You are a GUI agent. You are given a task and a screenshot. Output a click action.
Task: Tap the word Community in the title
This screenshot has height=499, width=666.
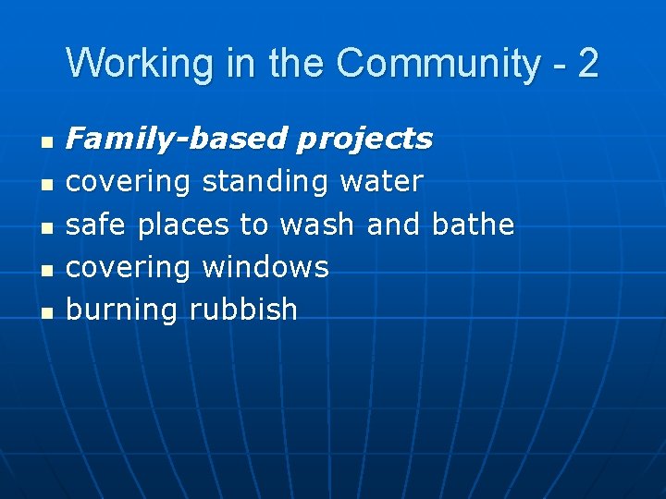(438, 64)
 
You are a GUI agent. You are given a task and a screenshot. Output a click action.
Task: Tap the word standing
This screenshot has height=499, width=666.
(265, 182)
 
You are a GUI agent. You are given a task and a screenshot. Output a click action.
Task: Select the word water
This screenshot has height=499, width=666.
(381, 181)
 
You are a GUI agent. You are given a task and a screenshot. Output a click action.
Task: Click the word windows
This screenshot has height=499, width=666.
(265, 267)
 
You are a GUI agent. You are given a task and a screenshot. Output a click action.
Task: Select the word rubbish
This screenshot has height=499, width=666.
(243, 309)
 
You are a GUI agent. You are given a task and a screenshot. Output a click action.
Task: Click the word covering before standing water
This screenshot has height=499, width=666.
(129, 182)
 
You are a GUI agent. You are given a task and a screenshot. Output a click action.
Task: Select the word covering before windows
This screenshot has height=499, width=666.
(129, 267)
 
